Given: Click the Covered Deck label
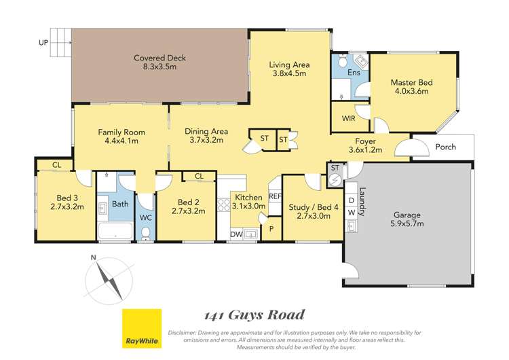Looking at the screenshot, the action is pyautogui.click(x=159, y=58).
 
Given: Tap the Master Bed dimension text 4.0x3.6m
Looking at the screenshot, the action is pyautogui.click(x=411, y=91).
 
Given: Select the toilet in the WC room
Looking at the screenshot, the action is pyautogui.click(x=146, y=233).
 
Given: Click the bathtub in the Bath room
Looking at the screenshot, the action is pyautogui.click(x=115, y=231).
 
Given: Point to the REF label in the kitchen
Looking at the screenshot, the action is pyautogui.click(x=276, y=196).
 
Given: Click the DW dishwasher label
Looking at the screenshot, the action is pyautogui.click(x=236, y=234).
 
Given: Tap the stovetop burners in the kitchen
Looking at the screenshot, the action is pyautogui.click(x=223, y=205).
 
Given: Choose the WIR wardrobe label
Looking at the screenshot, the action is pyautogui.click(x=348, y=119).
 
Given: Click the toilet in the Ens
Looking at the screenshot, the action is pyautogui.click(x=342, y=60).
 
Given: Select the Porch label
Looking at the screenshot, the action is pyautogui.click(x=445, y=147).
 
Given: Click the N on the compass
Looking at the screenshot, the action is pyautogui.click(x=94, y=257).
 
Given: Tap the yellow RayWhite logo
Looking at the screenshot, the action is pyautogui.click(x=142, y=328).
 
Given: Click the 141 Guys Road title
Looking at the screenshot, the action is pyautogui.click(x=254, y=315).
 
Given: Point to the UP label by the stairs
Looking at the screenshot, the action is pyautogui.click(x=43, y=43).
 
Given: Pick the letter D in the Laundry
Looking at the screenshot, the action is pyautogui.click(x=352, y=200).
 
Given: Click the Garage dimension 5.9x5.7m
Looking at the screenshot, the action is pyautogui.click(x=407, y=223).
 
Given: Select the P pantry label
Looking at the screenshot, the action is pyautogui.click(x=271, y=229).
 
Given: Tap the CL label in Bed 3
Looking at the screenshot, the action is pyautogui.click(x=57, y=165).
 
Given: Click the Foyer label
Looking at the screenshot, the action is pyautogui.click(x=365, y=141).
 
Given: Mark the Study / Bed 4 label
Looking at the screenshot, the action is pyautogui.click(x=314, y=207).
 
